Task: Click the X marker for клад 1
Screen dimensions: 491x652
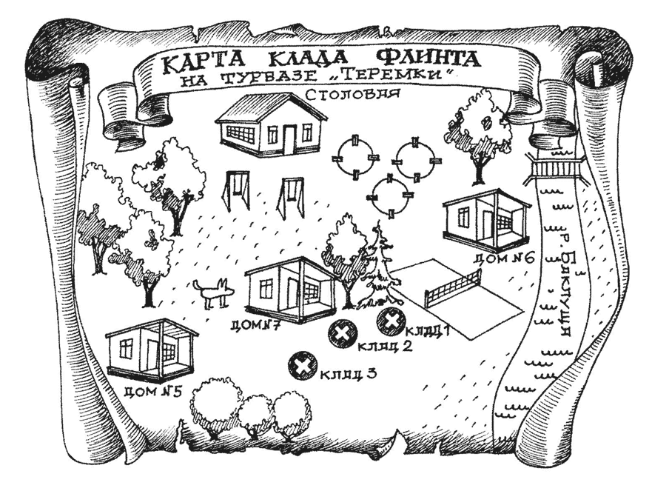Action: click(389, 321)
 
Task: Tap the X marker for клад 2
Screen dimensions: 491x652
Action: click(341, 333)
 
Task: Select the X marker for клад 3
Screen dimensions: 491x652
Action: click(303, 364)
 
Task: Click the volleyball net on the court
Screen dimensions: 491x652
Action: click(452, 289)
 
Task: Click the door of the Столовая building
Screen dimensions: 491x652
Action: click(289, 138)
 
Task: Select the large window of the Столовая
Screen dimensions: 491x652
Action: click(240, 134)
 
